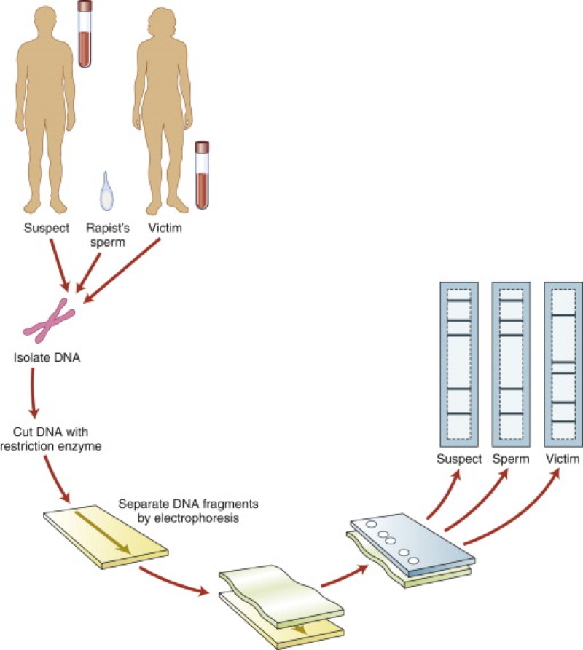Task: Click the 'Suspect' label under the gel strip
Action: [x=459, y=459]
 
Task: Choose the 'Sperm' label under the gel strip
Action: [x=510, y=459]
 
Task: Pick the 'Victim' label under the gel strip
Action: [x=562, y=459]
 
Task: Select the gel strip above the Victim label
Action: [x=563, y=364]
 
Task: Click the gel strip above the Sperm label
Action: [x=511, y=364]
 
